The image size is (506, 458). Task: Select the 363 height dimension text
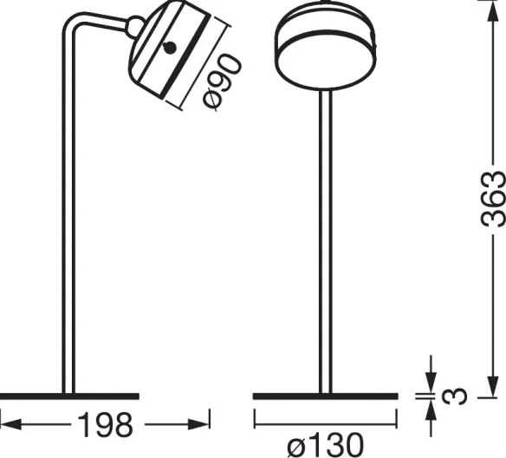click(x=491, y=199)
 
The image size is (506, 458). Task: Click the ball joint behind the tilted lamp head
click(x=134, y=28)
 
